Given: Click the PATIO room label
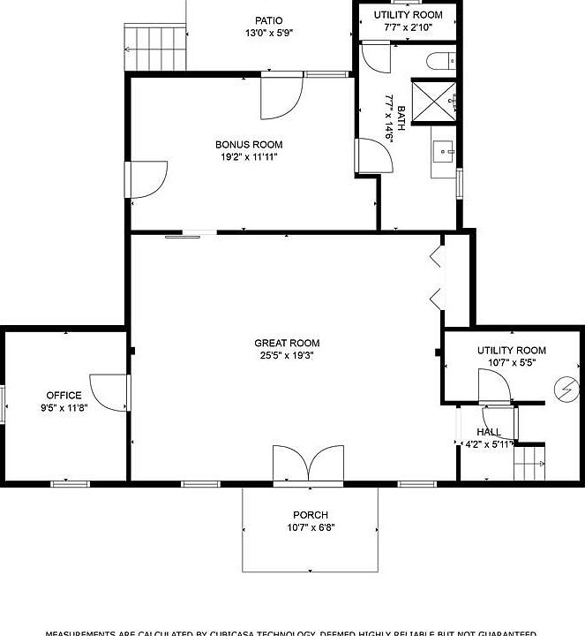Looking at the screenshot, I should (269, 20).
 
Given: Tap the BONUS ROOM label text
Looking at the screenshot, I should (249, 145).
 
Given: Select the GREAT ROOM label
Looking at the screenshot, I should (287, 344).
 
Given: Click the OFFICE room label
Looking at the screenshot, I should (64, 396).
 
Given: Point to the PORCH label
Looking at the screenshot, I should (311, 515).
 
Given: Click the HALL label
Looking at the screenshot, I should (488, 432).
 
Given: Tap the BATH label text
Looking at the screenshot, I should (401, 118).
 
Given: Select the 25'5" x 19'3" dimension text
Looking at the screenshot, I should (287, 356).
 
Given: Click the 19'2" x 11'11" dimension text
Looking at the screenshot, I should (249, 157).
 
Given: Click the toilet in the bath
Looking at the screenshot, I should (439, 61).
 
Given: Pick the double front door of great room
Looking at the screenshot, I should (308, 466).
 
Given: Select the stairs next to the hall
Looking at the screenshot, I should (531, 462).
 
